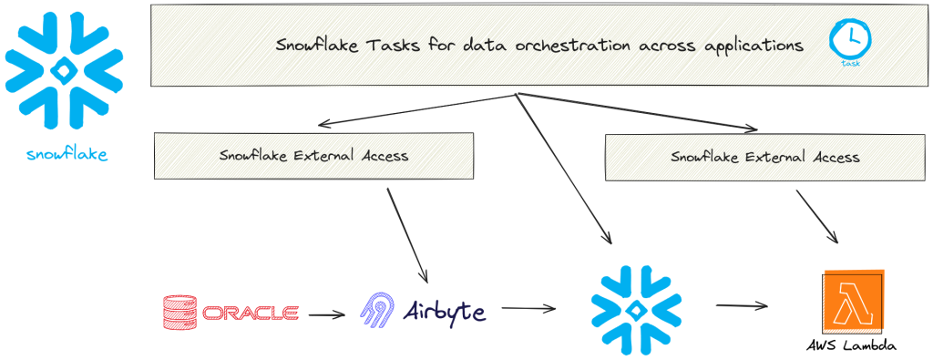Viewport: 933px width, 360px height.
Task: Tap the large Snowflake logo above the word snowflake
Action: (x=63, y=71)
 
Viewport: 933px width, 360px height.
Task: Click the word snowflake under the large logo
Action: (x=67, y=155)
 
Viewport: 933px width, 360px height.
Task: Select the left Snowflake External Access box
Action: (x=314, y=156)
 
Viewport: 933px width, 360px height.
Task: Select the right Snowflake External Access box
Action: (x=764, y=157)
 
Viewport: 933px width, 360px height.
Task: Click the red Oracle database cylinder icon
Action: (x=178, y=313)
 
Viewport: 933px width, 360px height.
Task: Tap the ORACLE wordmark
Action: (x=251, y=314)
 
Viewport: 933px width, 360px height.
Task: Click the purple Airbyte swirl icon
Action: (x=376, y=311)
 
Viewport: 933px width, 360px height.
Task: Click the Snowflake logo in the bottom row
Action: (x=636, y=310)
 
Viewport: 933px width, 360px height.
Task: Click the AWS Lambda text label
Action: (x=851, y=346)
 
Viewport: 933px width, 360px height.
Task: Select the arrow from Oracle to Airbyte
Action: (x=327, y=315)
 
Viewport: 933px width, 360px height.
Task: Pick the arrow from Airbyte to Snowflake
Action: (x=528, y=309)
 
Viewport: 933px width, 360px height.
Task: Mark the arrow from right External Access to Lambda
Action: (x=817, y=216)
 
